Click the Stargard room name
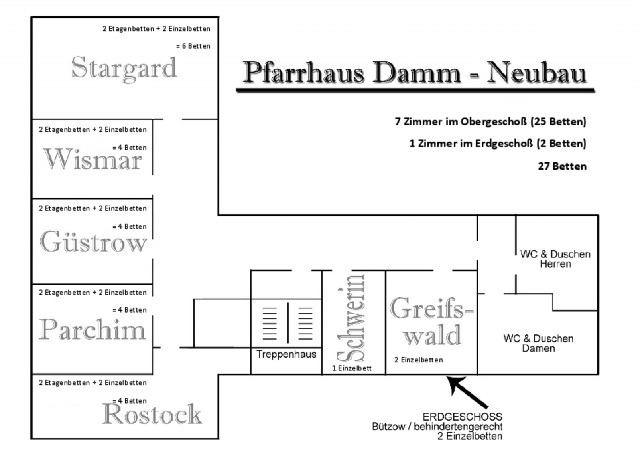(124, 68)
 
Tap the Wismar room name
(93, 159)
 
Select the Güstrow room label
(93, 242)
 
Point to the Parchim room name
(92, 330)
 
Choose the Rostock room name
(152, 414)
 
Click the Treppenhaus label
(286, 354)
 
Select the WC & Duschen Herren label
(555, 259)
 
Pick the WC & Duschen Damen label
(538, 343)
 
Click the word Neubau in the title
(536, 73)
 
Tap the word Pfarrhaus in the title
(303, 73)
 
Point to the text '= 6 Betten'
(193, 46)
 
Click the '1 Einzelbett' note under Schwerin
(352, 368)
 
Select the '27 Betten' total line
(562, 166)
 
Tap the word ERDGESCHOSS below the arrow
(462, 417)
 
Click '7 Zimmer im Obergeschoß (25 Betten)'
(490, 121)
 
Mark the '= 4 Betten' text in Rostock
(130, 401)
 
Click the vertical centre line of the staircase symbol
(288, 322)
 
